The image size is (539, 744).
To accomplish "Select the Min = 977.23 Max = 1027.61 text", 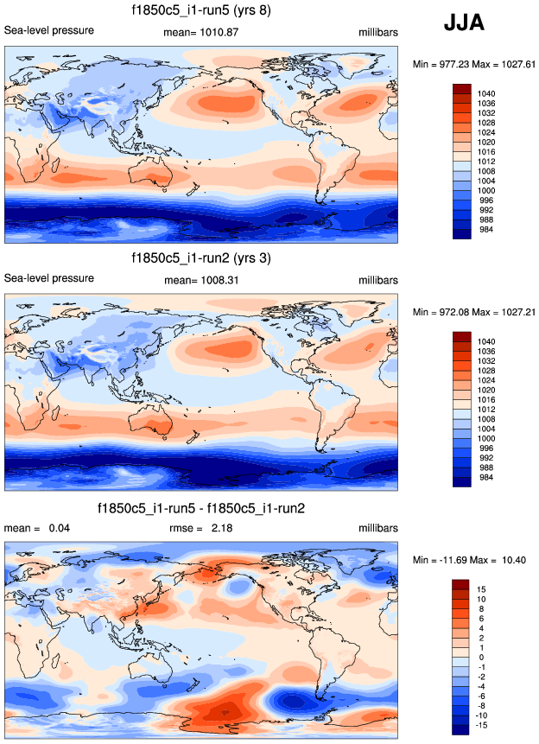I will click(x=474, y=64).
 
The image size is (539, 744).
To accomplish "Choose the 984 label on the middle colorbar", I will click(x=484, y=477).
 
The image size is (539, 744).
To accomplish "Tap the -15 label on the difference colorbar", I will click(x=481, y=725).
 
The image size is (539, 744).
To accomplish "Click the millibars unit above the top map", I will click(x=378, y=32).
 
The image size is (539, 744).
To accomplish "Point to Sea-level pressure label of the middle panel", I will click(x=49, y=278).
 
